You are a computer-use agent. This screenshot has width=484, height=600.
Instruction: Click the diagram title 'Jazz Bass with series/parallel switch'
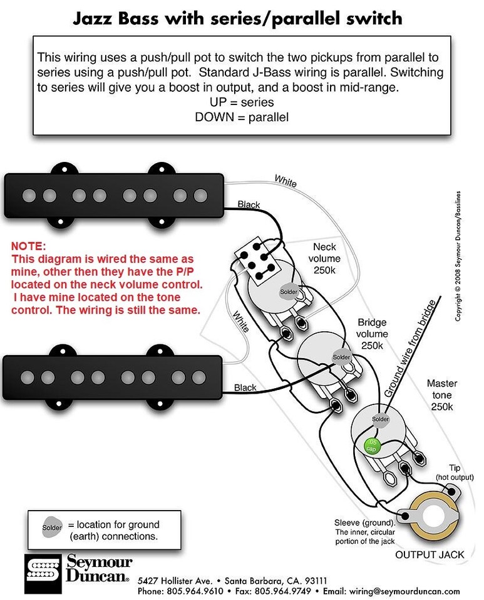point(237,17)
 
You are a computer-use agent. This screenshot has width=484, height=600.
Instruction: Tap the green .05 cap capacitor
point(371,445)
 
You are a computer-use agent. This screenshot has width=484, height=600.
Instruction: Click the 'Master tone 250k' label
point(442,394)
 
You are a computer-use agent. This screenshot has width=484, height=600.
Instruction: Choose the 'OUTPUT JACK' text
point(429,554)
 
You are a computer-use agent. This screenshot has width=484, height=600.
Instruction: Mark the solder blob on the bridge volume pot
point(341,357)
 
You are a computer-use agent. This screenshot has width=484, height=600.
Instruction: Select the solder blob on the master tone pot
point(380,418)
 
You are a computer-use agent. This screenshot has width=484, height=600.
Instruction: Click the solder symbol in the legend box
point(53,528)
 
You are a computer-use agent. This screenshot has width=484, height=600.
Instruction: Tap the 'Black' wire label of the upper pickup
point(249,204)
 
